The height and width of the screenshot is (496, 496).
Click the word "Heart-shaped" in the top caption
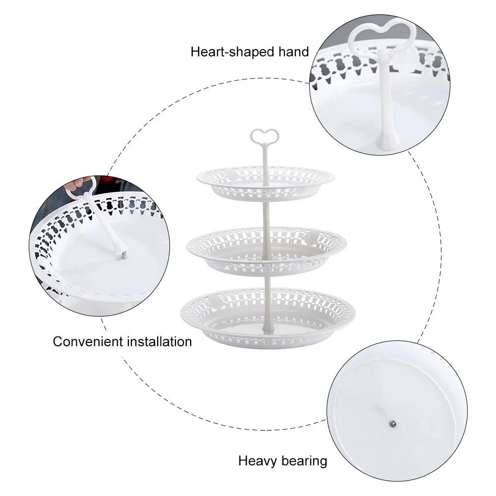232,52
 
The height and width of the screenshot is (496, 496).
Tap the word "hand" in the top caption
293,52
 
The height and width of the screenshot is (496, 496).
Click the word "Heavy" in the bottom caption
258,461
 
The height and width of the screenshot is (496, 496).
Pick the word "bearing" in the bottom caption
304,461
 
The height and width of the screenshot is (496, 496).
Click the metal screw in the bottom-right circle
392,424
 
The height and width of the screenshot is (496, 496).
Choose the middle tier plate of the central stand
267,252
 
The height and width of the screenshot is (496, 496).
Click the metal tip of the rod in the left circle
124,255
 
